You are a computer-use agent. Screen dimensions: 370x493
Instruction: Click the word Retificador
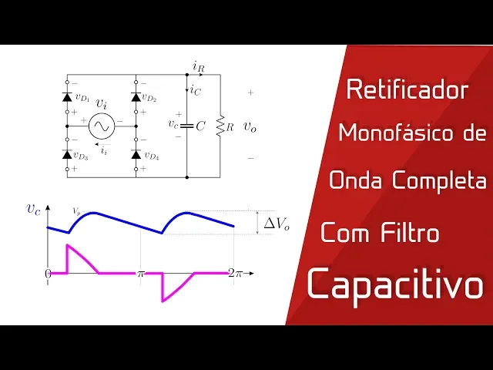pos(407,90)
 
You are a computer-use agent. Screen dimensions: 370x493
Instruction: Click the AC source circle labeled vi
pos(101,125)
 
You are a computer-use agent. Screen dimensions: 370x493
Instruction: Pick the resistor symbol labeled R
pos(220,125)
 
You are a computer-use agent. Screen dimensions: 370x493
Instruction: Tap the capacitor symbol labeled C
pos(187,125)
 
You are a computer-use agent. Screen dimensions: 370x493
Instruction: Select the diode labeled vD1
pos(66,97)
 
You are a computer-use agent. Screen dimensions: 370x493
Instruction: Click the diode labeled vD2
pos(136,97)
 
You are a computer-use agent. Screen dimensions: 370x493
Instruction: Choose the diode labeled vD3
pos(66,154)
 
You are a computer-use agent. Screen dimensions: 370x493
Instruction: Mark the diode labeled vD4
pos(136,154)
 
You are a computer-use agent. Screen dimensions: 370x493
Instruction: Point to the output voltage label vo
pos(250,126)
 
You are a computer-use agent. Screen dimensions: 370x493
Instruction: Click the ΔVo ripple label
pos(277,224)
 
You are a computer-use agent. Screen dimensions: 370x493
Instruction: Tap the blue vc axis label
pos(33,208)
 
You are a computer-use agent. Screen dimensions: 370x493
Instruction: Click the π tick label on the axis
pos(141,274)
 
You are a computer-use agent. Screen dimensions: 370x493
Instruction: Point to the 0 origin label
pos(48,274)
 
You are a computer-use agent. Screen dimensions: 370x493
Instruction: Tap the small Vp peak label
pos(76,210)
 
